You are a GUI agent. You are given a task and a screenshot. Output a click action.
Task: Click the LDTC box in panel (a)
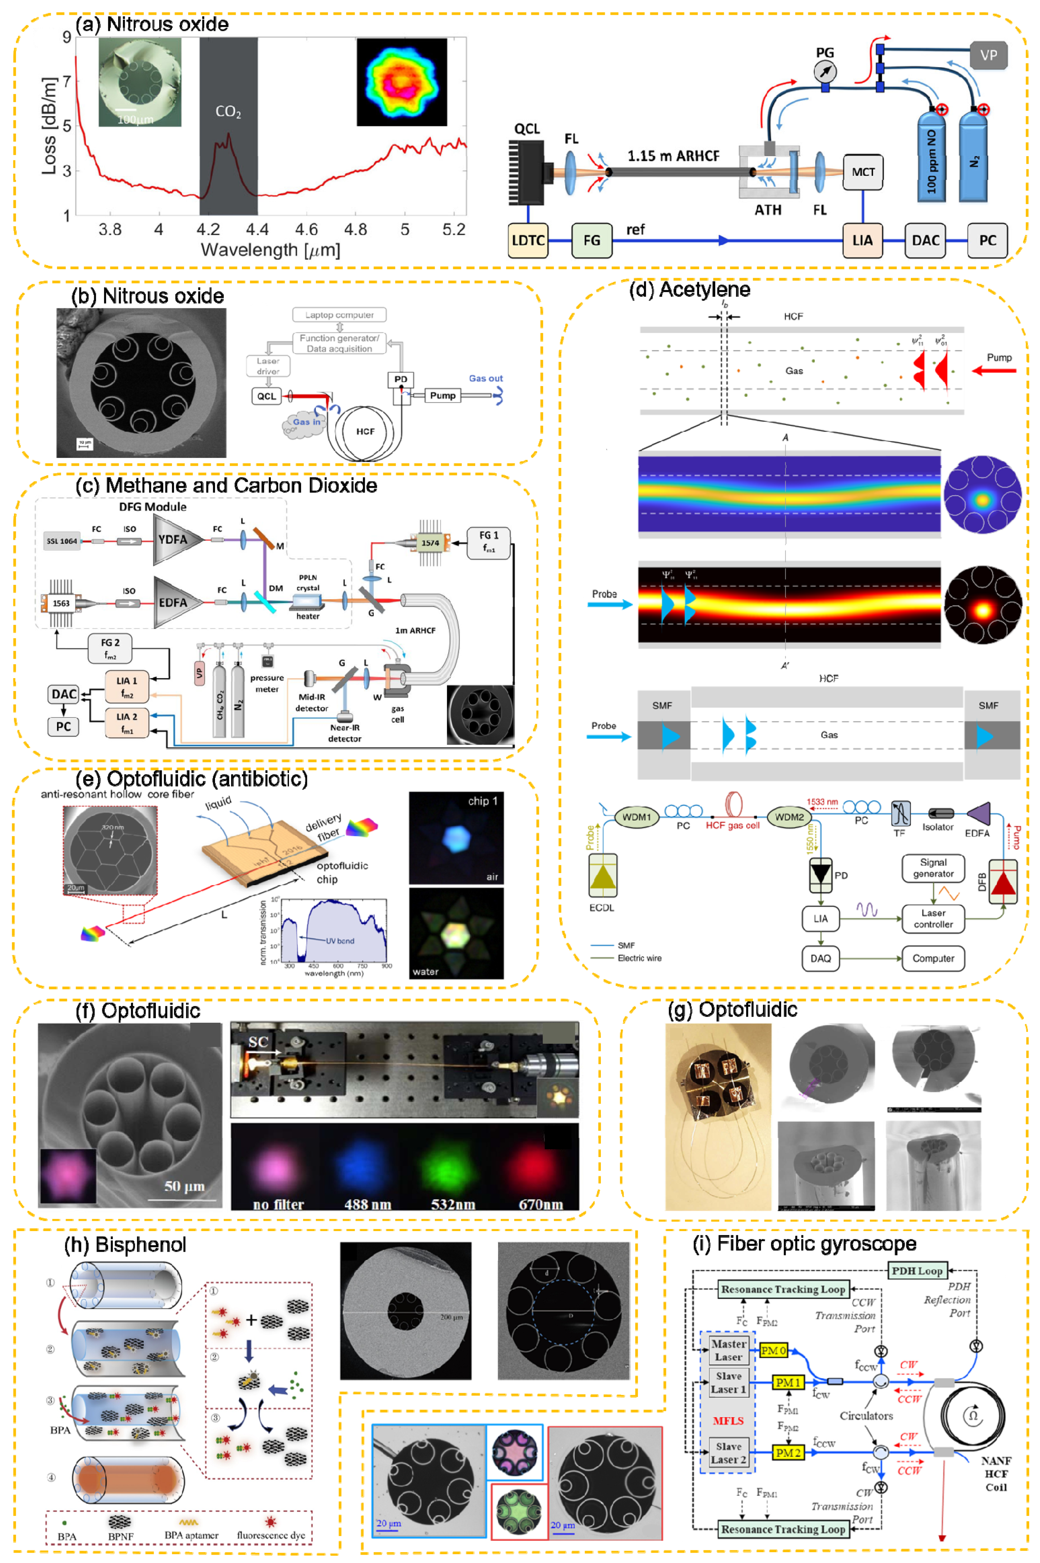pos(528,240)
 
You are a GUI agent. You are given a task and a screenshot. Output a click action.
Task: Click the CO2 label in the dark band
pos(228,111)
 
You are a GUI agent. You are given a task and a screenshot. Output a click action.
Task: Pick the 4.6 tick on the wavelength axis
pos(306,230)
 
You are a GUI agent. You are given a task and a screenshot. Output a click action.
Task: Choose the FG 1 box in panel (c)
pos(489,541)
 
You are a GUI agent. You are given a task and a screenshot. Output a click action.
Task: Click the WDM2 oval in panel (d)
pos(789,817)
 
